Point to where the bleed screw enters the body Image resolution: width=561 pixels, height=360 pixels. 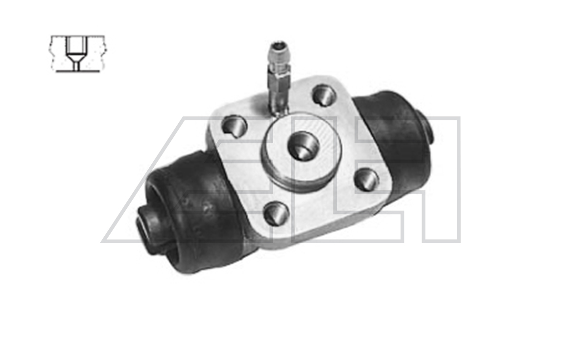(279, 110)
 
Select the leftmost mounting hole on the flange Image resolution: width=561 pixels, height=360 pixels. (234, 126)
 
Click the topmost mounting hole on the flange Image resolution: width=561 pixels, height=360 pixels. (324, 95)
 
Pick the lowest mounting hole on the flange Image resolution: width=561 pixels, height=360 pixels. (277, 213)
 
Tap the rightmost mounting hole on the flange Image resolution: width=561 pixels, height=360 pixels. (367, 179)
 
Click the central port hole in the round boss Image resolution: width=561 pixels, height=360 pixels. (304, 145)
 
